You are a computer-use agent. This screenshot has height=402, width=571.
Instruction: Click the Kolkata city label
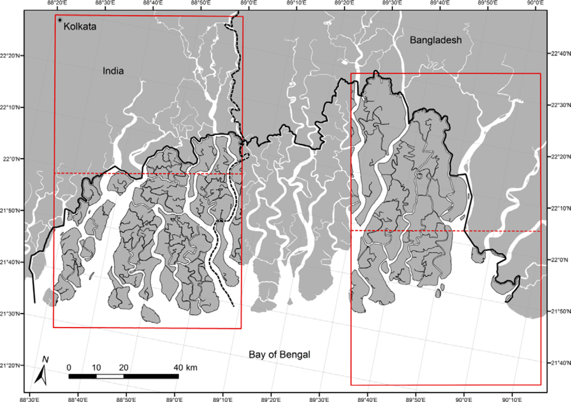[80, 27]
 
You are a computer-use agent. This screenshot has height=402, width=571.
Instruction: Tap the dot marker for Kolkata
[59, 21]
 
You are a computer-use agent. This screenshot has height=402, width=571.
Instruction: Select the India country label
[113, 71]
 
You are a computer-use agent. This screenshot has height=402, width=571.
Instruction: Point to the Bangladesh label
[435, 41]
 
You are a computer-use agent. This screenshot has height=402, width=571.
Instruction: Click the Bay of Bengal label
[279, 355]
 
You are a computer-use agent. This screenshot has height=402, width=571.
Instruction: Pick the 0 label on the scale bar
[69, 367]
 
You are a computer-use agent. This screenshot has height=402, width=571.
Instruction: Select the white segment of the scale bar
[110, 376]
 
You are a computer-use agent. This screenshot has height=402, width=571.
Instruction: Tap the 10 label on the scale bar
[96, 367]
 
